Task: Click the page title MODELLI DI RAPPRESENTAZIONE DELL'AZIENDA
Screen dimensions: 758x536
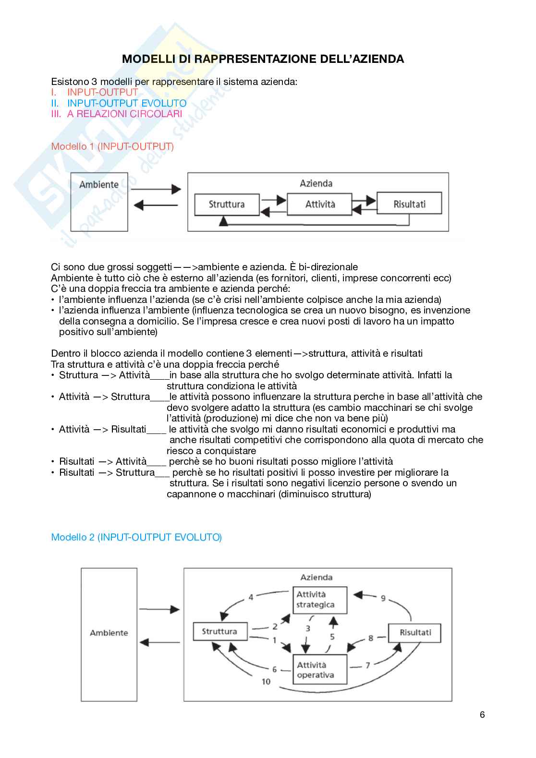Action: click(x=263, y=59)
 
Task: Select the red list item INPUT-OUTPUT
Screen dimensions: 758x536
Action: click(x=102, y=92)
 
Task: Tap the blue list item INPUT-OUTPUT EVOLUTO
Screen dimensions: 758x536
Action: click(x=126, y=103)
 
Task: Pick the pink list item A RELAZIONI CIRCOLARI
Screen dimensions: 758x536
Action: click(x=124, y=114)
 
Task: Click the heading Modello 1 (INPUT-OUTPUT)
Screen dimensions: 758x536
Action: click(x=112, y=146)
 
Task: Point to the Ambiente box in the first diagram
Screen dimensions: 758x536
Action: click(x=99, y=202)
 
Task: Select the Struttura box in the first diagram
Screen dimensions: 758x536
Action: click(x=227, y=205)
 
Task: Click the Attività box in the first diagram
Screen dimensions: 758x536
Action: click(x=320, y=204)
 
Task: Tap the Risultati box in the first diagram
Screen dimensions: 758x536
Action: click(x=409, y=204)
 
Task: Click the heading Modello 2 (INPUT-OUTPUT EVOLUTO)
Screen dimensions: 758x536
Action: click(x=136, y=537)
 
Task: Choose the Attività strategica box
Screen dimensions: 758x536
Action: click(x=320, y=600)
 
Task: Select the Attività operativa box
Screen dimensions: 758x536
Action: click(x=320, y=670)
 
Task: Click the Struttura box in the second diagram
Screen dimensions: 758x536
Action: click(x=220, y=631)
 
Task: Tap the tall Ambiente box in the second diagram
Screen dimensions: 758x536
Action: click(x=109, y=634)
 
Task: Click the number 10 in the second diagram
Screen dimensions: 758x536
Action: click(x=266, y=682)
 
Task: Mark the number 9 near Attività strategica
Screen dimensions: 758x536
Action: click(x=383, y=598)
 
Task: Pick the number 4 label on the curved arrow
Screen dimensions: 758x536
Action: click(x=251, y=598)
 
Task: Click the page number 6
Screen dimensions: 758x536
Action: click(x=482, y=715)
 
